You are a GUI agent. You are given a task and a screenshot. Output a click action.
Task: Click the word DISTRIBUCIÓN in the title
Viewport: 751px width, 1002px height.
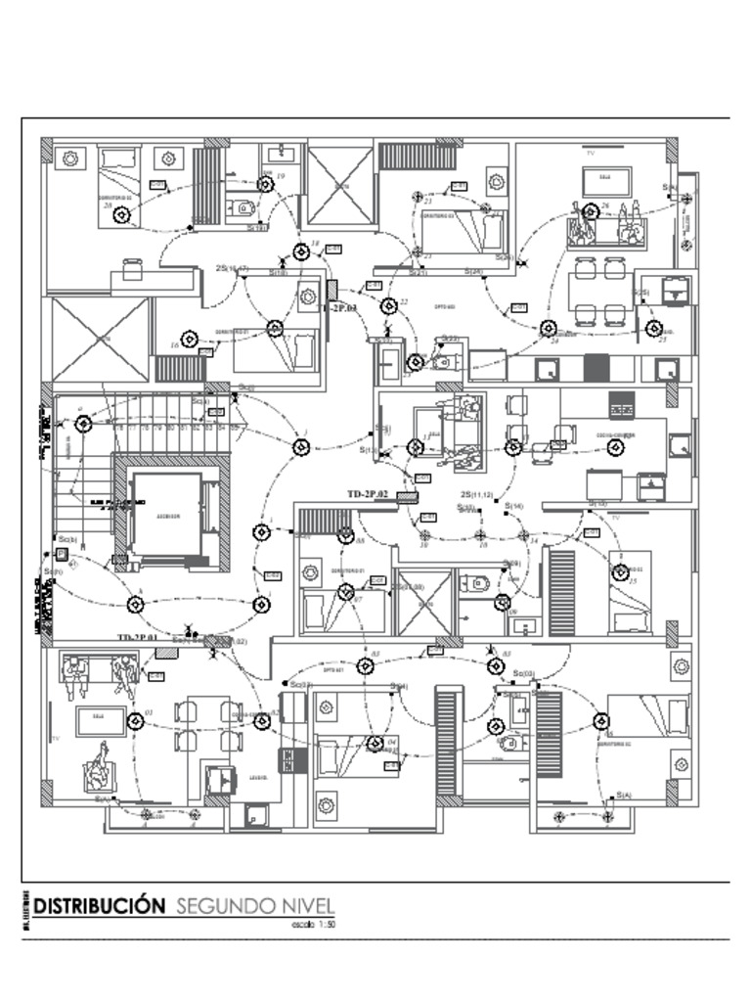click(99, 905)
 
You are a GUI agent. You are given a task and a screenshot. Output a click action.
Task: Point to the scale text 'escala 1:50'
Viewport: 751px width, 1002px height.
click(314, 923)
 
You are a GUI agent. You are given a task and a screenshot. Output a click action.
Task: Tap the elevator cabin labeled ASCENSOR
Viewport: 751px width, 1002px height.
click(167, 514)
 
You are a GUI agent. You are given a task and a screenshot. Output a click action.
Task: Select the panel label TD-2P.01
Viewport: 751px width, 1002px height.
click(138, 637)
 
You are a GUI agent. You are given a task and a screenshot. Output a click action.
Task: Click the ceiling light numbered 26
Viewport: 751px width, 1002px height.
click(591, 211)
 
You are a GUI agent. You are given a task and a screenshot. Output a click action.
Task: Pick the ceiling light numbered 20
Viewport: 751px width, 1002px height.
click(121, 215)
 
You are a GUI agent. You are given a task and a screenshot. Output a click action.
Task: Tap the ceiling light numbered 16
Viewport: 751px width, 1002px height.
click(190, 340)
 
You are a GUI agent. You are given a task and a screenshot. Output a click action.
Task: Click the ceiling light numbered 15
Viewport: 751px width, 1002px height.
click(620, 572)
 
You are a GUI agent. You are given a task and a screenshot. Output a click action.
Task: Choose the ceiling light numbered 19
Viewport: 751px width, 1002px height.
click(265, 185)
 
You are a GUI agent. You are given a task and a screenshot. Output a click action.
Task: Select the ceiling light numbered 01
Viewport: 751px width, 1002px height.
click(136, 722)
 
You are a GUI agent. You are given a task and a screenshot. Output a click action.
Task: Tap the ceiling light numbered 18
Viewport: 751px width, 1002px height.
click(301, 252)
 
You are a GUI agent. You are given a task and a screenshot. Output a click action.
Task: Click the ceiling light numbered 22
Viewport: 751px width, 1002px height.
click(389, 306)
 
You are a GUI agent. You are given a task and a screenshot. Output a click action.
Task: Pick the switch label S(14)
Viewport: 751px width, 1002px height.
click(514, 506)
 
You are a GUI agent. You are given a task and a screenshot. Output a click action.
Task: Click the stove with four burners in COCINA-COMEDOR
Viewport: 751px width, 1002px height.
click(621, 404)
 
